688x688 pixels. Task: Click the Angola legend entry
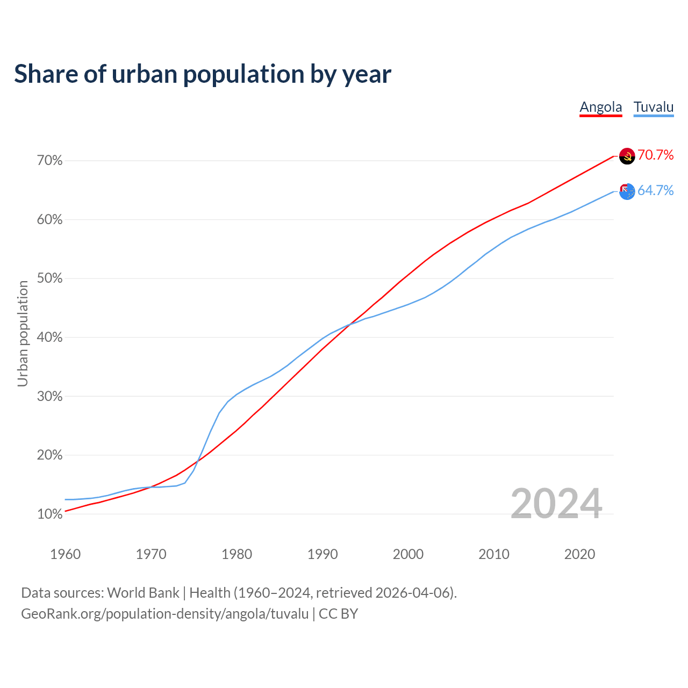(x=600, y=107)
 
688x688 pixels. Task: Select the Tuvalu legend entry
(x=653, y=107)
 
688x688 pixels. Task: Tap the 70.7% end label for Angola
(x=655, y=155)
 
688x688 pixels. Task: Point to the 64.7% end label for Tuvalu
(x=655, y=191)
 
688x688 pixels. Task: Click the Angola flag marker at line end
(x=627, y=156)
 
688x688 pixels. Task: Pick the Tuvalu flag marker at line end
(x=627, y=191)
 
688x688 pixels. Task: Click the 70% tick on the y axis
(x=50, y=161)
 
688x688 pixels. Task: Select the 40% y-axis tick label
(x=50, y=338)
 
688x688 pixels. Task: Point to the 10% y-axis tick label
(x=50, y=514)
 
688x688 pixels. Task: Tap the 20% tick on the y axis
(x=50, y=455)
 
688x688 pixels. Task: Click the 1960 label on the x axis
(x=65, y=554)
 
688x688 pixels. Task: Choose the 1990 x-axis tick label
(x=322, y=554)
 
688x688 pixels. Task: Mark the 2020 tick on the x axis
(x=579, y=554)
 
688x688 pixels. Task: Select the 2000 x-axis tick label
(x=408, y=554)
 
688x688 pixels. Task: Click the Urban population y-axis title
(x=23, y=333)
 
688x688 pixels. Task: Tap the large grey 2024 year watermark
(x=556, y=504)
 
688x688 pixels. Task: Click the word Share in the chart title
(x=45, y=74)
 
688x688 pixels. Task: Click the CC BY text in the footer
(x=338, y=614)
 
